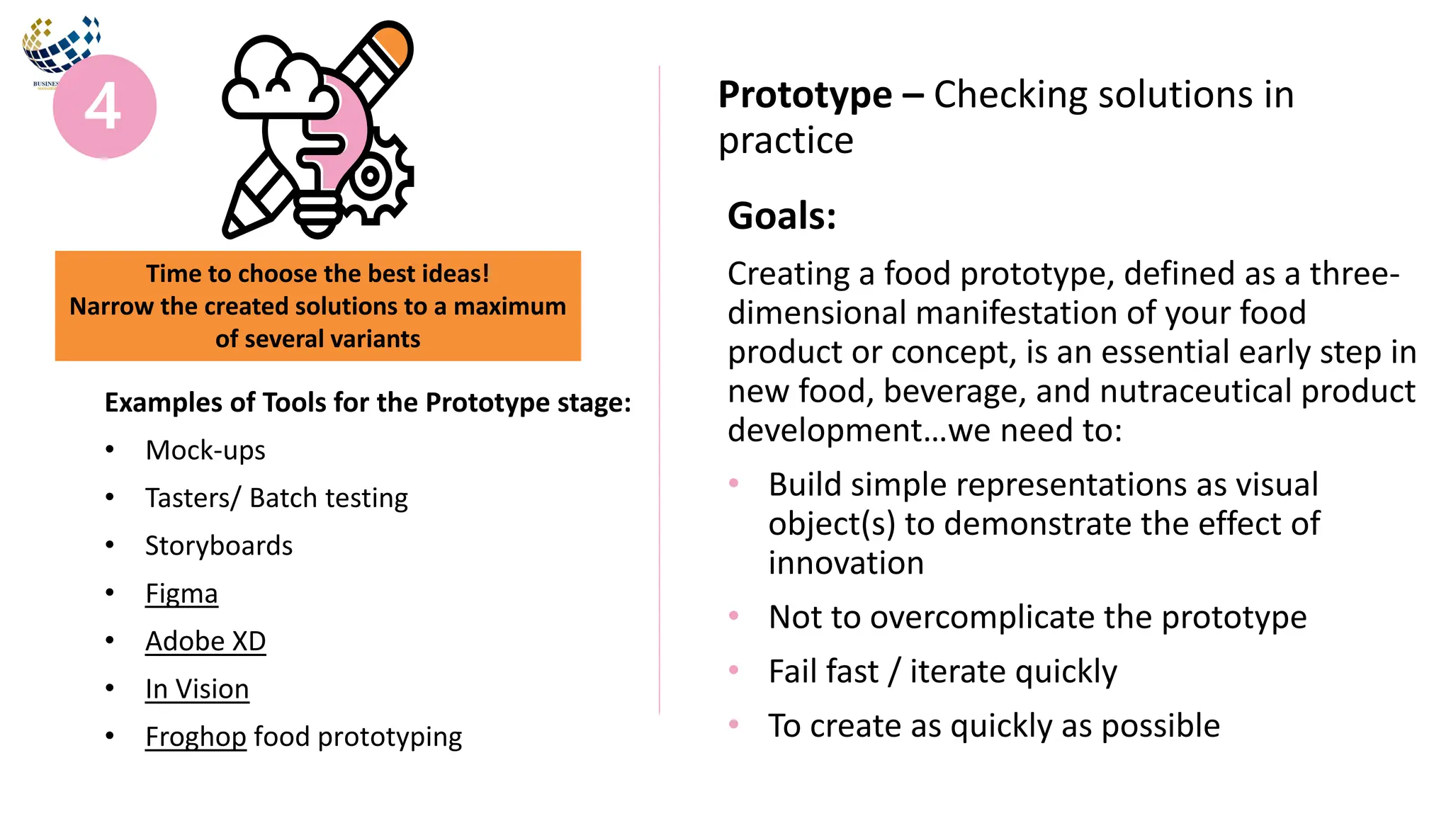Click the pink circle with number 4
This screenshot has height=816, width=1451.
(x=105, y=106)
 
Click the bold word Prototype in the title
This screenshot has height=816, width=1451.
(x=805, y=95)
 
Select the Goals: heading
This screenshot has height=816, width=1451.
(x=781, y=216)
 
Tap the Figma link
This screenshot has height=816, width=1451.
(x=181, y=594)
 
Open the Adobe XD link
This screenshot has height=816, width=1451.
(x=205, y=642)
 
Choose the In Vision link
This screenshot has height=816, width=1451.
(x=197, y=689)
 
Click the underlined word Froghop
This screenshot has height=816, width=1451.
(x=196, y=737)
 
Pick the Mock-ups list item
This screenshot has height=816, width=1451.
(x=205, y=450)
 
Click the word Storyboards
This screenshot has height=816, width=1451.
(x=219, y=546)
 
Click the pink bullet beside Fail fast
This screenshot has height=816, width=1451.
(x=734, y=669)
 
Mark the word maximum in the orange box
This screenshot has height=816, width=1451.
(x=509, y=307)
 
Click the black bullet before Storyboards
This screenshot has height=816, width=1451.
(x=110, y=545)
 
